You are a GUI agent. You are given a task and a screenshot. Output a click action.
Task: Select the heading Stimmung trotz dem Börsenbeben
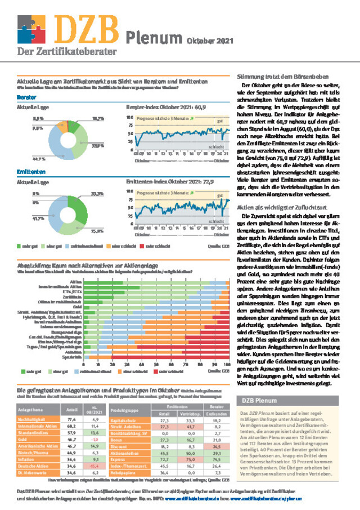(279, 77)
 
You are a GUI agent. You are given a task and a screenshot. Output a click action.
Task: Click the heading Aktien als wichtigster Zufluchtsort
(275, 207)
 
